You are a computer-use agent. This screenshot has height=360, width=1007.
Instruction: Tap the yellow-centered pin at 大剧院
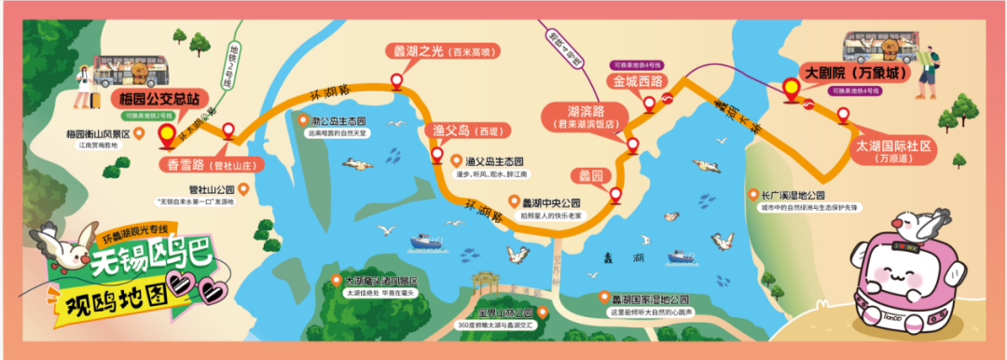792,90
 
